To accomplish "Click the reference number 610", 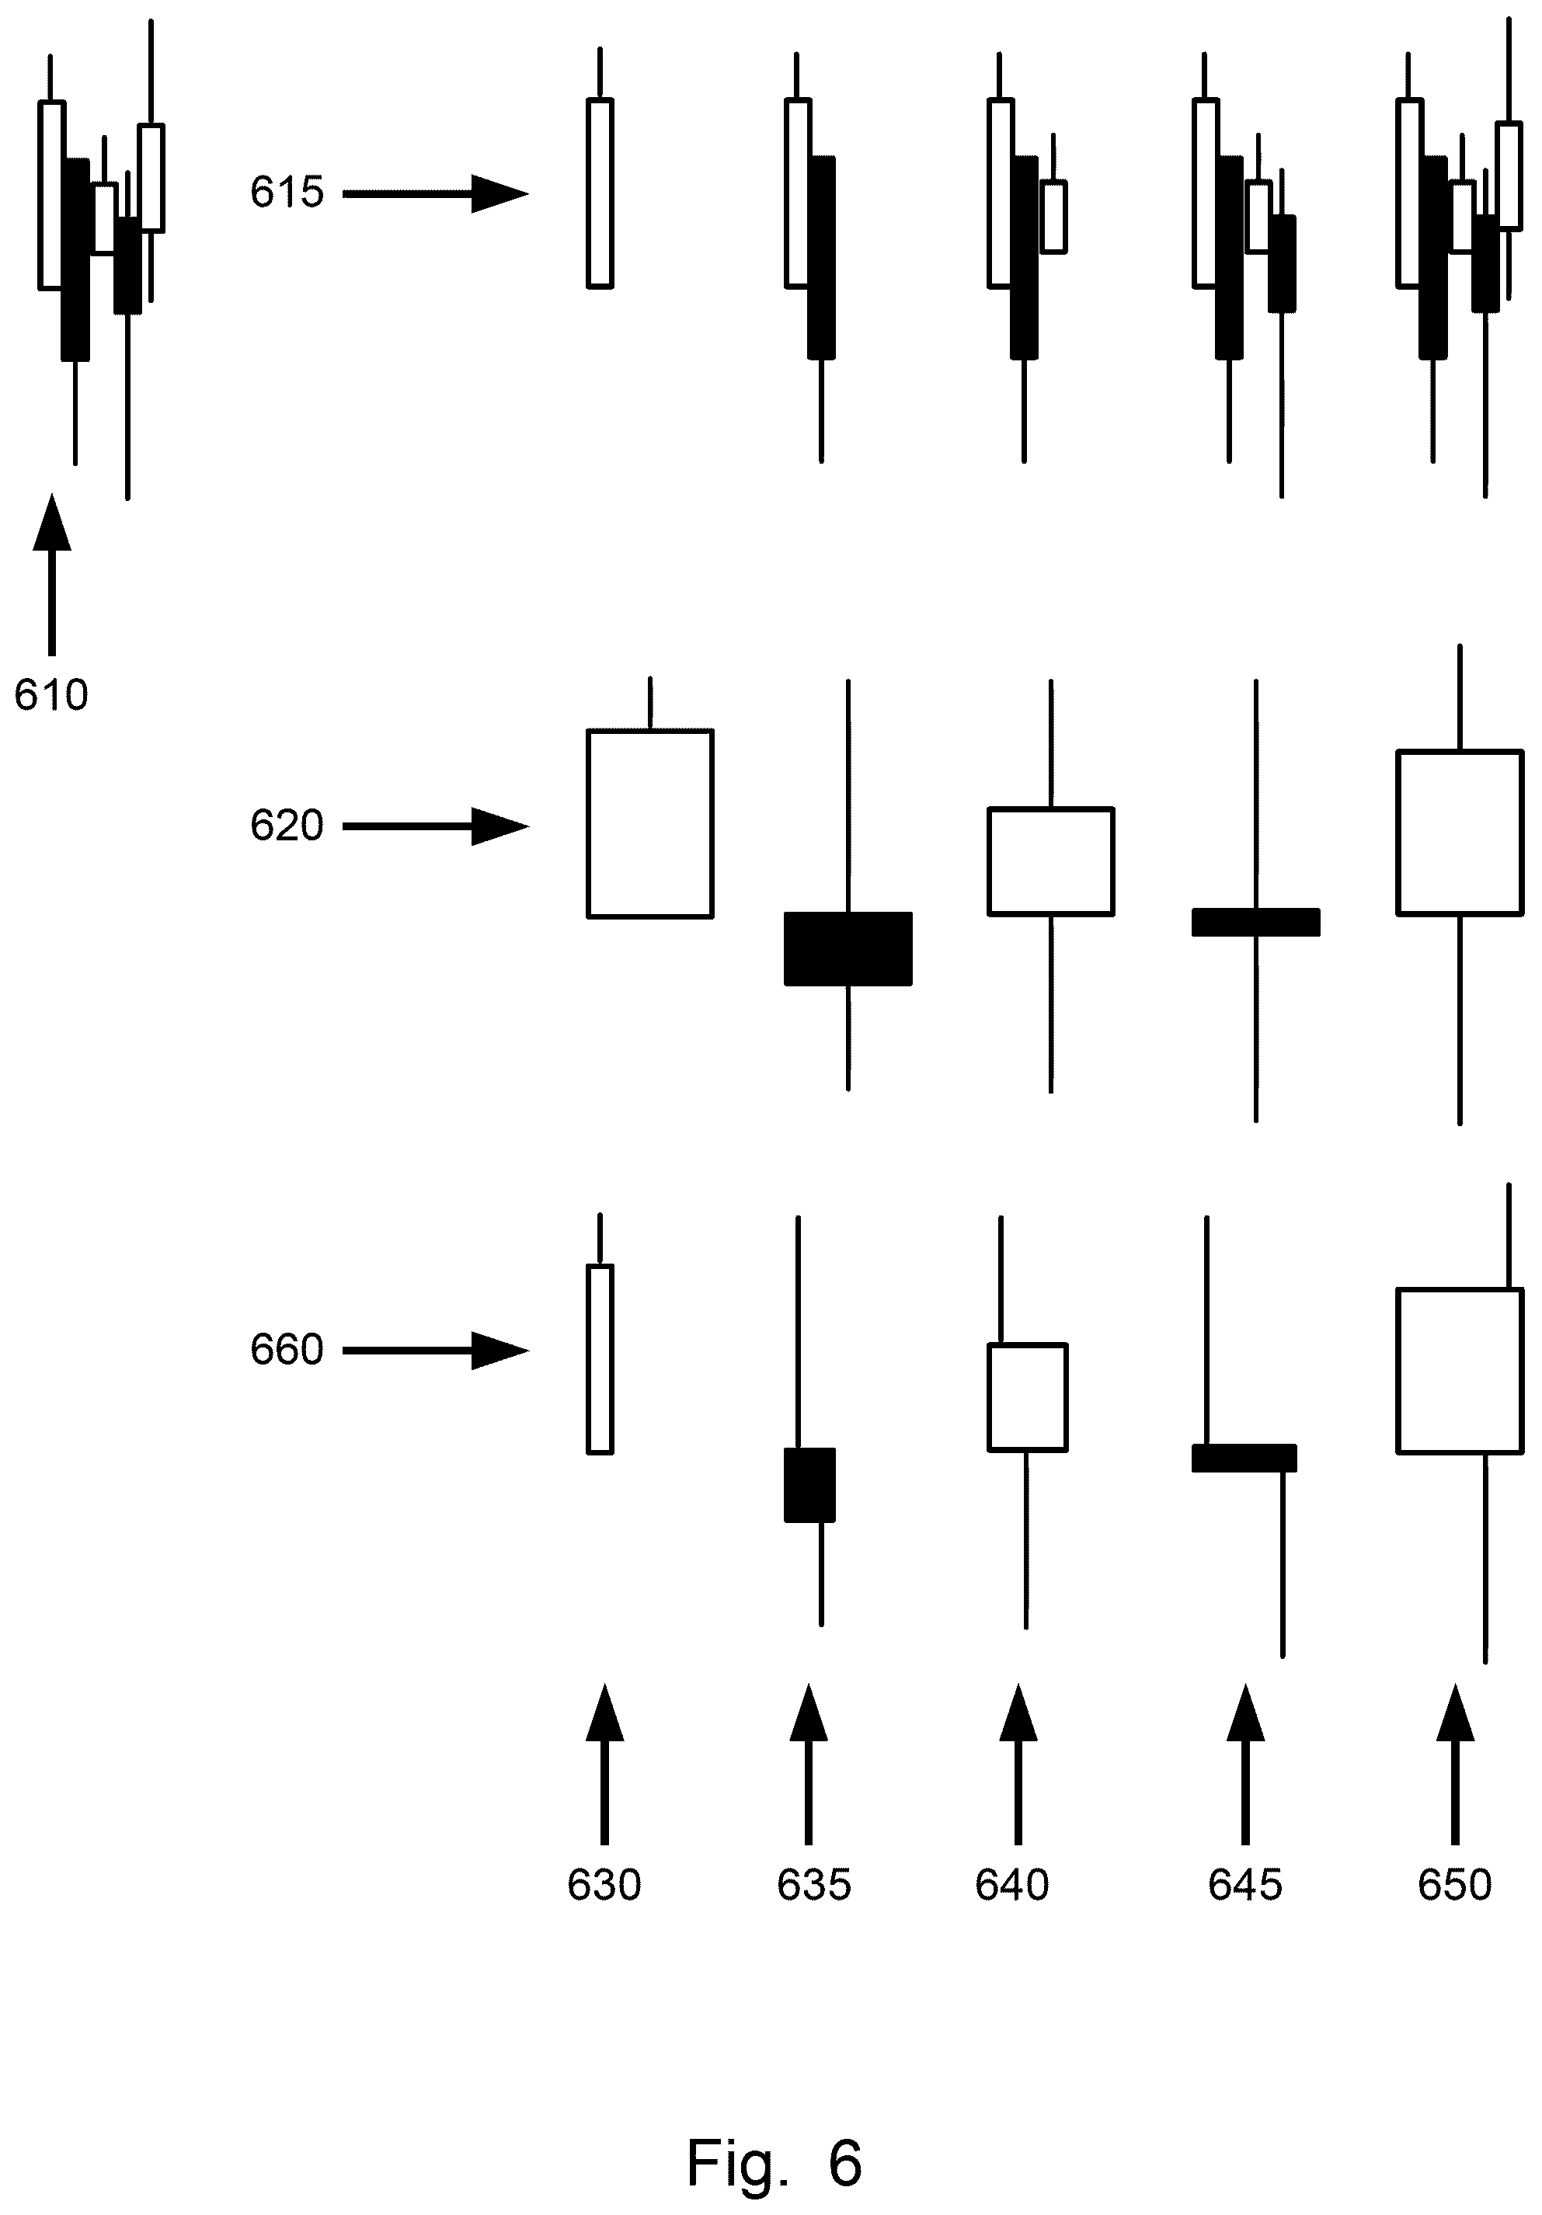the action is [x=51, y=694].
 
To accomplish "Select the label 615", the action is [x=287, y=192].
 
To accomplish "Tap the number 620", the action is [x=287, y=826].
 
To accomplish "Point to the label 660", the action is [x=287, y=1350].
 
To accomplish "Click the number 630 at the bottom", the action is [x=604, y=1885].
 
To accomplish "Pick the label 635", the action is [x=813, y=1885].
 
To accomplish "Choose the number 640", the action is [x=1012, y=1885].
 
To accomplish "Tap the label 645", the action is [x=1244, y=1885].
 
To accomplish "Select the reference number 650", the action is [x=1454, y=1885].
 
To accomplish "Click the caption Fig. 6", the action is [x=774, y=2136].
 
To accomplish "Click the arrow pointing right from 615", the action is [x=435, y=194].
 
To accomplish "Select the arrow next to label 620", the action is [x=435, y=827].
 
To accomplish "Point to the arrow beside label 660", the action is [x=435, y=1351].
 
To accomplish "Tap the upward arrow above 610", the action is [x=52, y=575].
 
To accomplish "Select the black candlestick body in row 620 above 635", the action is [x=848, y=949].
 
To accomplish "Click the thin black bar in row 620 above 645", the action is [x=1255, y=923].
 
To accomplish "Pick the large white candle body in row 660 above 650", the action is [x=1460, y=1371].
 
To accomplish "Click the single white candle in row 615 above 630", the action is [x=600, y=193].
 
